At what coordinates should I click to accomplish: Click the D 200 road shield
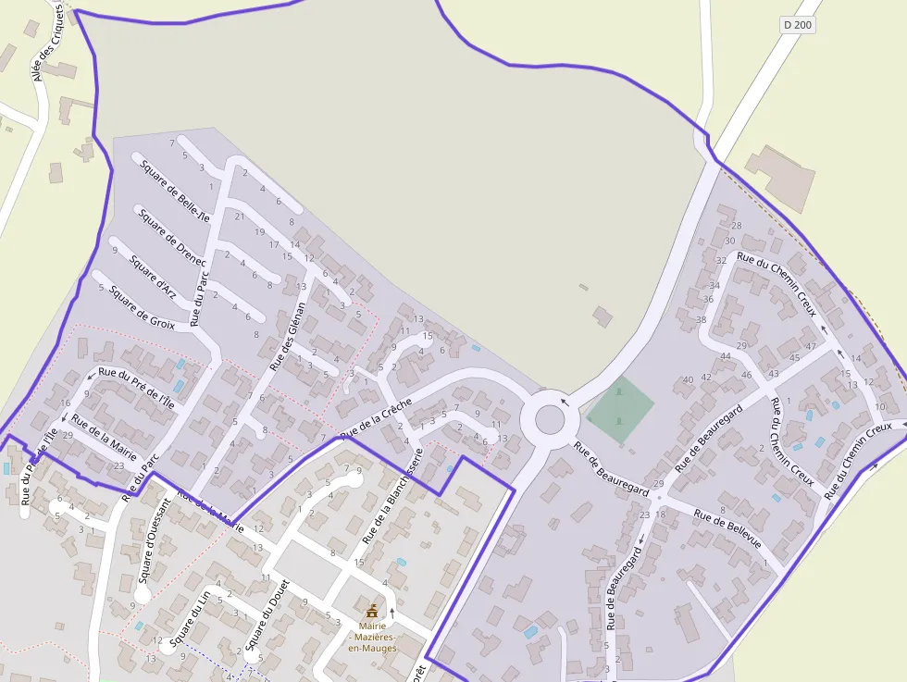pyautogui.click(x=797, y=25)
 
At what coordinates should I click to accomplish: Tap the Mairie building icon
pyautogui.click(x=372, y=611)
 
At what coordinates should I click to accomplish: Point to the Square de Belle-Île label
pyautogui.click(x=175, y=188)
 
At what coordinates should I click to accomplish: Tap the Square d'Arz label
pyautogui.click(x=153, y=276)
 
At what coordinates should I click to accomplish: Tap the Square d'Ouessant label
pyautogui.click(x=154, y=540)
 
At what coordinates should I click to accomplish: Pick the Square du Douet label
pyautogui.click(x=267, y=614)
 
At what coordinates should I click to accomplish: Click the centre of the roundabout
pyautogui.click(x=550, y=419)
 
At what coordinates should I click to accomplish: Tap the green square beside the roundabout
pyautogui.click(x=620, y=403)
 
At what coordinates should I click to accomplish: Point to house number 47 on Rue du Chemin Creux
pyautogui.click(x=811, y=346)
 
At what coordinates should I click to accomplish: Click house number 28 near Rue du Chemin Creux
pyautogui.click(x=737, y=225)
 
